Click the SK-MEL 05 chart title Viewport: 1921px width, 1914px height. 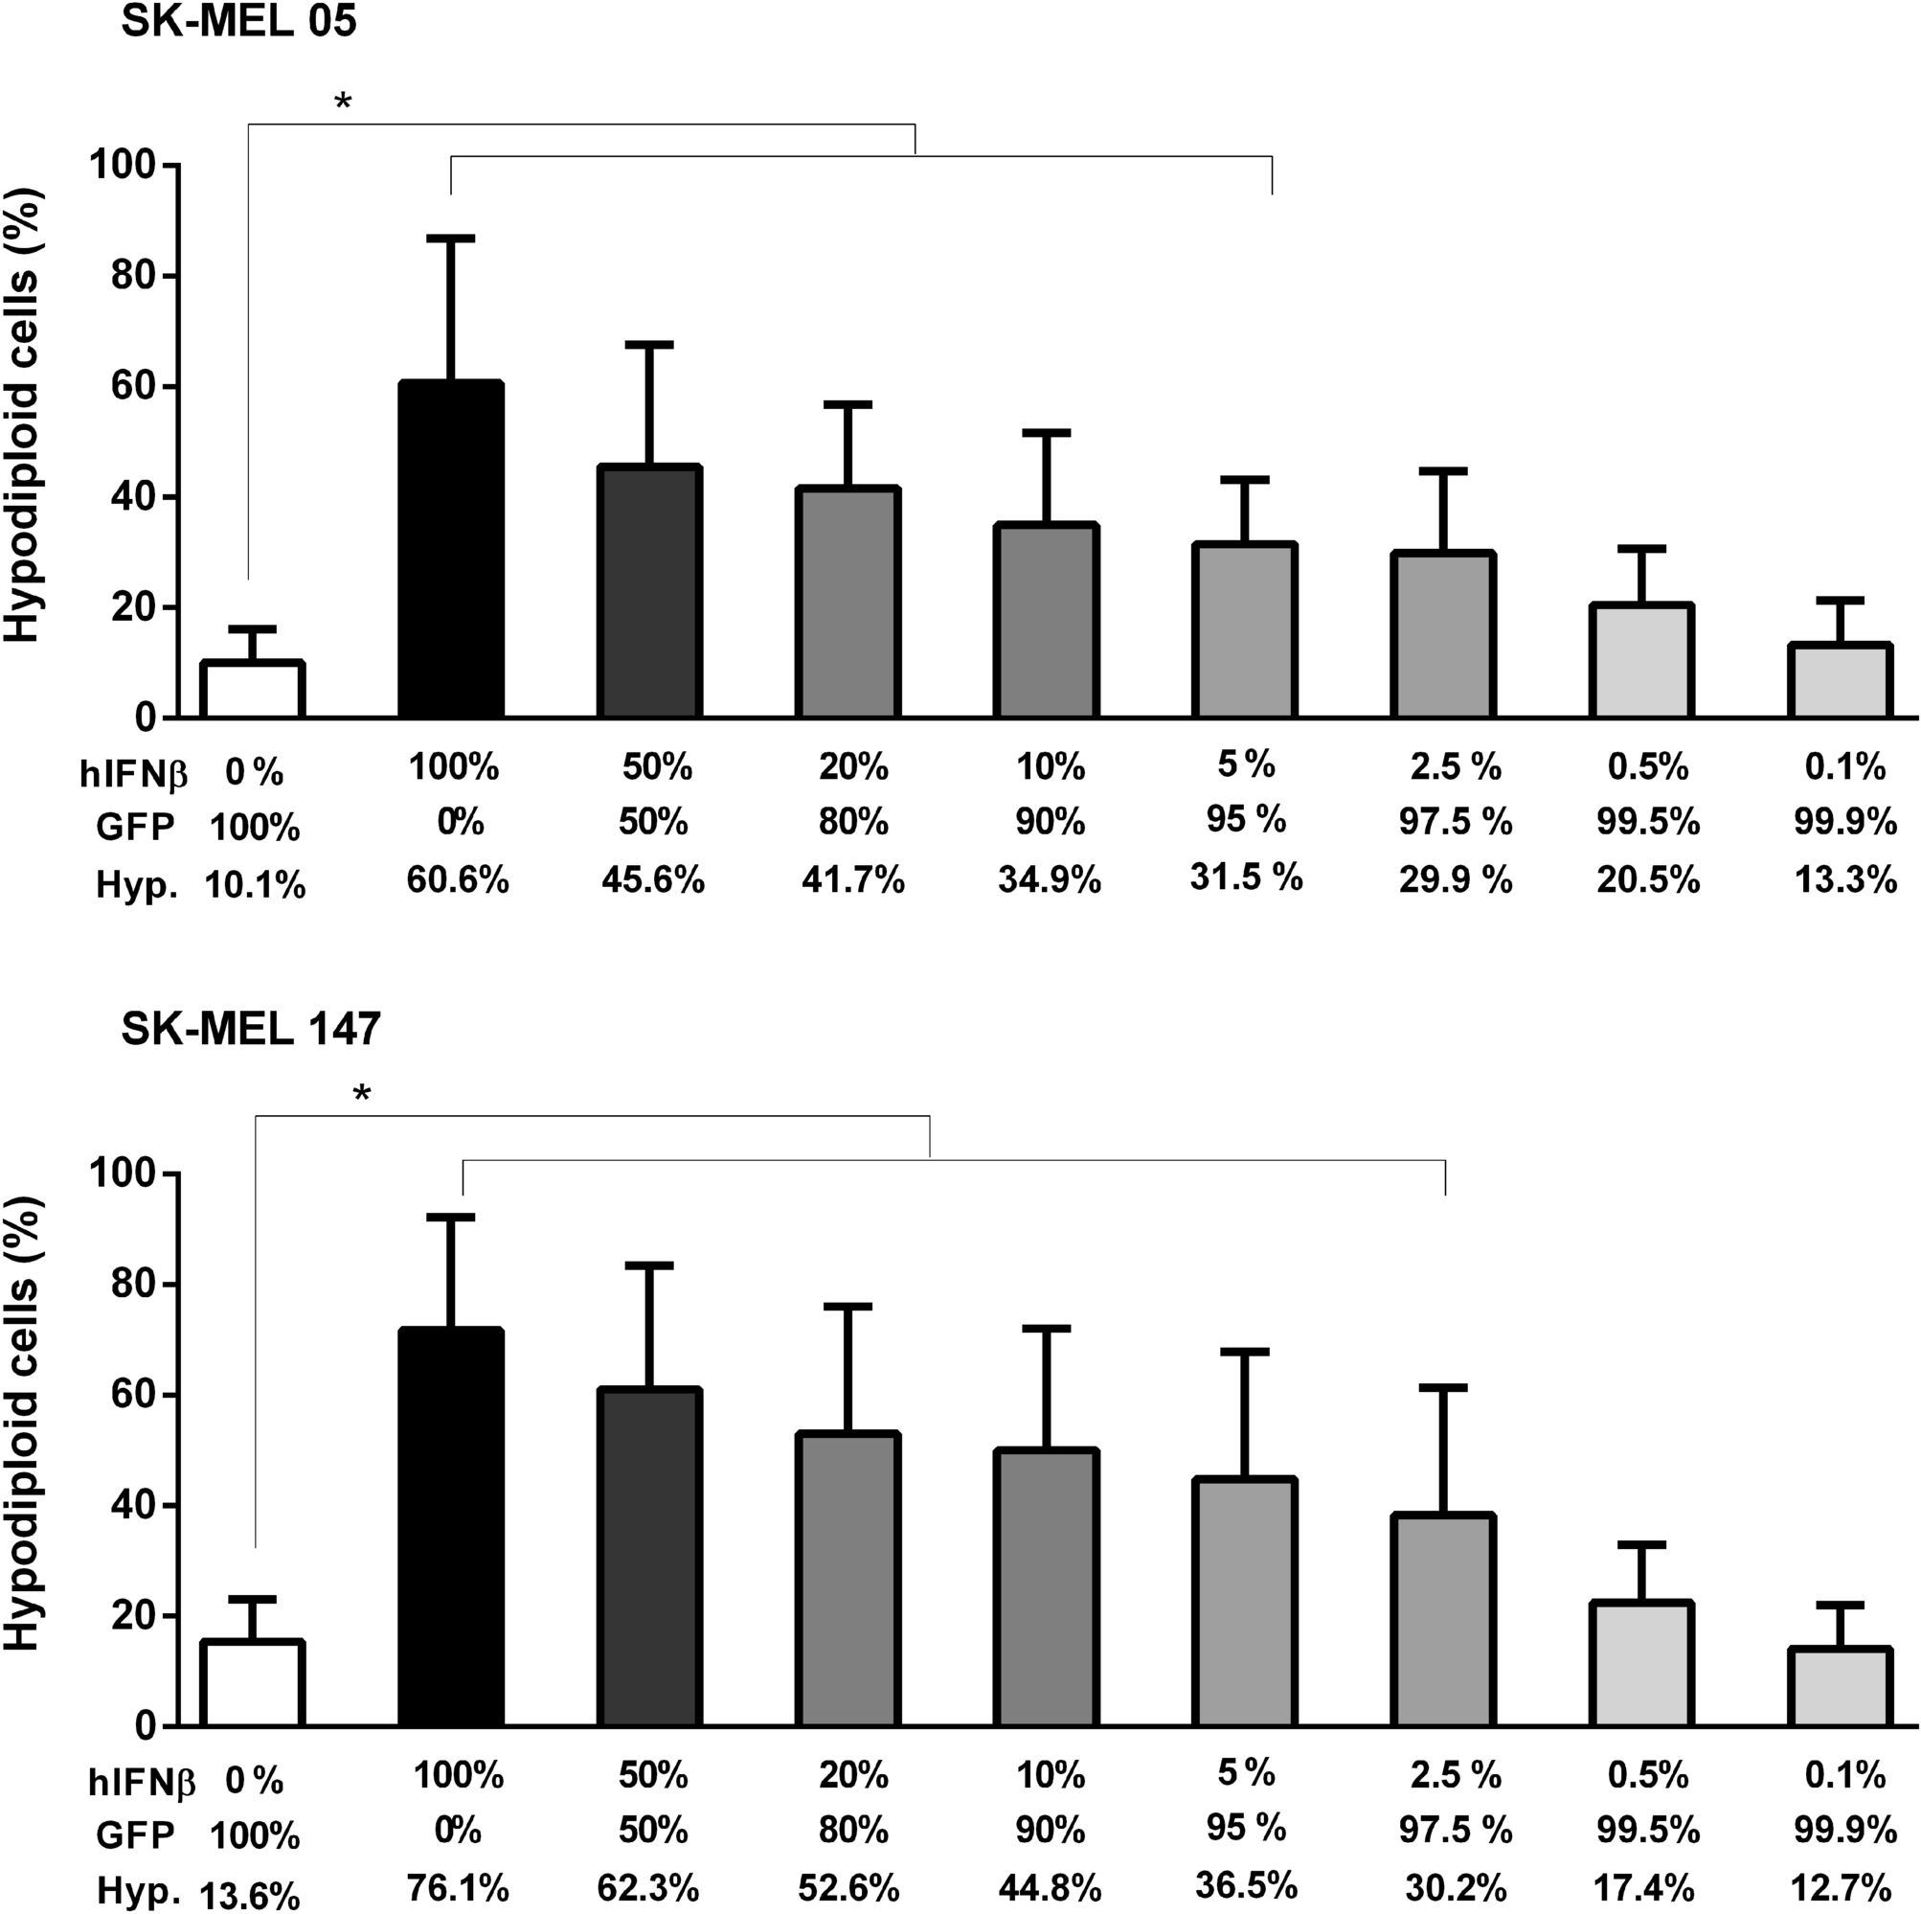[238, 22]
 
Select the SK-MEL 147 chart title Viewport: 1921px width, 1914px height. [251, 1030]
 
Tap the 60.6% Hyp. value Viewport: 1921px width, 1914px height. [458, 879]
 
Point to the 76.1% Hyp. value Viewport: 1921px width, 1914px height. [458, 1886]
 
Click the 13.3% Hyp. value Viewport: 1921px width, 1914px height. [1845, 879]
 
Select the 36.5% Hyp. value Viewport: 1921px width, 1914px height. [1246, 1884]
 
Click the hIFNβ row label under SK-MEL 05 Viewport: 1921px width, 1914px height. [133, 772]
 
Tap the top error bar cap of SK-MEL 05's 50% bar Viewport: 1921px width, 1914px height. [649, 344]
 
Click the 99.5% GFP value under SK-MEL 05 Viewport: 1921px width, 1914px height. [1647, 822]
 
